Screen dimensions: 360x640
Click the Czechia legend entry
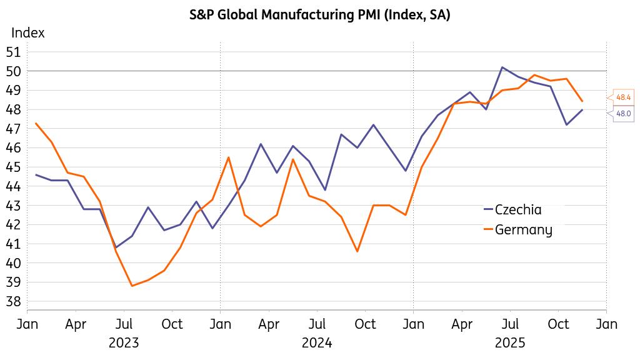517,210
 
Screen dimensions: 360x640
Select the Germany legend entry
523,230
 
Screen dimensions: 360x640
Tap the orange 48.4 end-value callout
623,97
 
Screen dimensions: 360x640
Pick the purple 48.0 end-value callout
623,114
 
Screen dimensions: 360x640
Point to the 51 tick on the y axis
14,52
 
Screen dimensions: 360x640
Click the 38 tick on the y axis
14,302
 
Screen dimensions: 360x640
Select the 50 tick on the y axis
14,71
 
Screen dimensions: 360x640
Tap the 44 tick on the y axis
14,186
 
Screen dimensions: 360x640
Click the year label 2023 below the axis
124,343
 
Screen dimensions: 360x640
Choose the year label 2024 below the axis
317,343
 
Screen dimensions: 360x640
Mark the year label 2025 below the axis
510,343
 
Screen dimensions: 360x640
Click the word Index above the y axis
28,33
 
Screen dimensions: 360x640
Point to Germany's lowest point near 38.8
132,286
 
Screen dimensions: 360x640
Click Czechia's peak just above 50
502,67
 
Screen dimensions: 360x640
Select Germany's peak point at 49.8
534,75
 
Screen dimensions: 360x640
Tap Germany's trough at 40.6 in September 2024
357,251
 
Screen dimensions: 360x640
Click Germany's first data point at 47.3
36,123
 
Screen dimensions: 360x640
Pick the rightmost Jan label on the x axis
607,324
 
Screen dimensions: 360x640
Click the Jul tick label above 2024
317,324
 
